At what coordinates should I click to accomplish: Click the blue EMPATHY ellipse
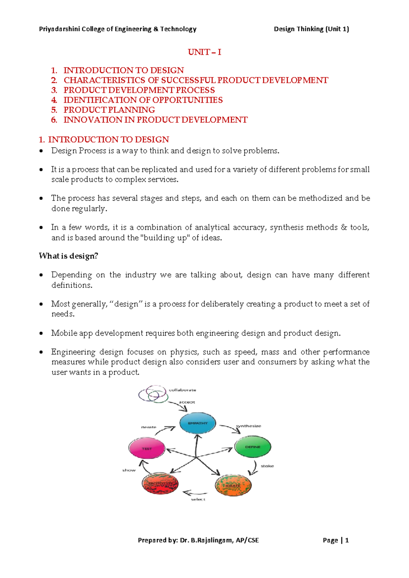click(198, 423)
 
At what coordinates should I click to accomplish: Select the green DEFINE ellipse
click(253, 446)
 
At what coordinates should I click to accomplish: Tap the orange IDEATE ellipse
click(233, 485)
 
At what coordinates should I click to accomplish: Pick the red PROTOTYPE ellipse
click(160, 484)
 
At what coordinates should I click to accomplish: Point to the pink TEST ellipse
click(147, 448)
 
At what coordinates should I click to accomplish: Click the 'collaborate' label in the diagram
click(182, 390)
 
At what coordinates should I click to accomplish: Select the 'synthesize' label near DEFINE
click(248, 426)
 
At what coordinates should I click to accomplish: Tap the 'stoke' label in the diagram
click(267, 466)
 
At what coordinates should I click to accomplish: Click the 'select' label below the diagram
click(198, 499)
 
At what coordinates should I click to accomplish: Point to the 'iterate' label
click(149, 427)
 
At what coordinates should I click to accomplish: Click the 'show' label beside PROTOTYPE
click(129, 470)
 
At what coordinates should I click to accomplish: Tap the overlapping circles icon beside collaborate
click(153, 394)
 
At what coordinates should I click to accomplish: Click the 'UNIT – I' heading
click(204, 52)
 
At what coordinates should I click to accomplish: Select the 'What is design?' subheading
click(69, 256)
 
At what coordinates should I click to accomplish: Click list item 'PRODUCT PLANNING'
click(109, 110)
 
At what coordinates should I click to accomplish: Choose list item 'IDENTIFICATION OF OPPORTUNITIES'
click(143, 100)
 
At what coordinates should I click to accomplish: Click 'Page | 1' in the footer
click(335, 540)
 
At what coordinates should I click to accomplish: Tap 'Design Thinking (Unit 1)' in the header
click(311, 29)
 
